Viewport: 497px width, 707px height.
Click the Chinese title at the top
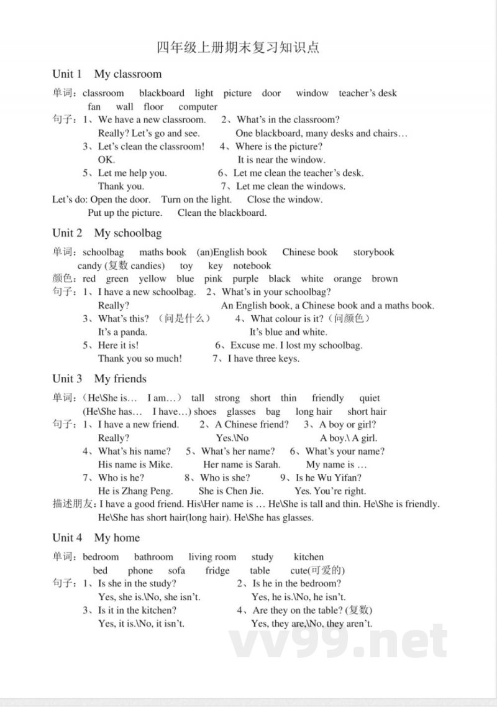point(237,48)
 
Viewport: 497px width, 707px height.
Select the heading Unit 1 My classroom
point(107,74)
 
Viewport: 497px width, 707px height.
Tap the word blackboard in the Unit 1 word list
point(162,93)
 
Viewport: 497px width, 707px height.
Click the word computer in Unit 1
point(198,107)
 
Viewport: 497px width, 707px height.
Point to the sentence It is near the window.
point(281,160)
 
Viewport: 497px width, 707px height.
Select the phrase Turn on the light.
point(196,200)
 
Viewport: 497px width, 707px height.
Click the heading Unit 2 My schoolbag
point(107,233)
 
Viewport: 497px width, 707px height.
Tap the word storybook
point(374,252)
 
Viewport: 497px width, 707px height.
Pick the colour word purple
point(245,279)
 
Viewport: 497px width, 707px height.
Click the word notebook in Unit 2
point(252,266)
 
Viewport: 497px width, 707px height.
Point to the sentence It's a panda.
point(122,332)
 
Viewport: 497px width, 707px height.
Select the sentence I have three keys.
point(263,359)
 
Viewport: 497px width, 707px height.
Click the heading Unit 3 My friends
point(99,379)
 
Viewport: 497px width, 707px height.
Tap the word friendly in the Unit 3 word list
point(328,399)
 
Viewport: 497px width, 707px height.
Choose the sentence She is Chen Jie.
point(231,491)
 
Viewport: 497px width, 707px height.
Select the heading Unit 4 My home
point(96,538)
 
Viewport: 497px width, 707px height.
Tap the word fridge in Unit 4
point(217,571)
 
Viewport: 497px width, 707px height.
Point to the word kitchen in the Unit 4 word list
point(309,557)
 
